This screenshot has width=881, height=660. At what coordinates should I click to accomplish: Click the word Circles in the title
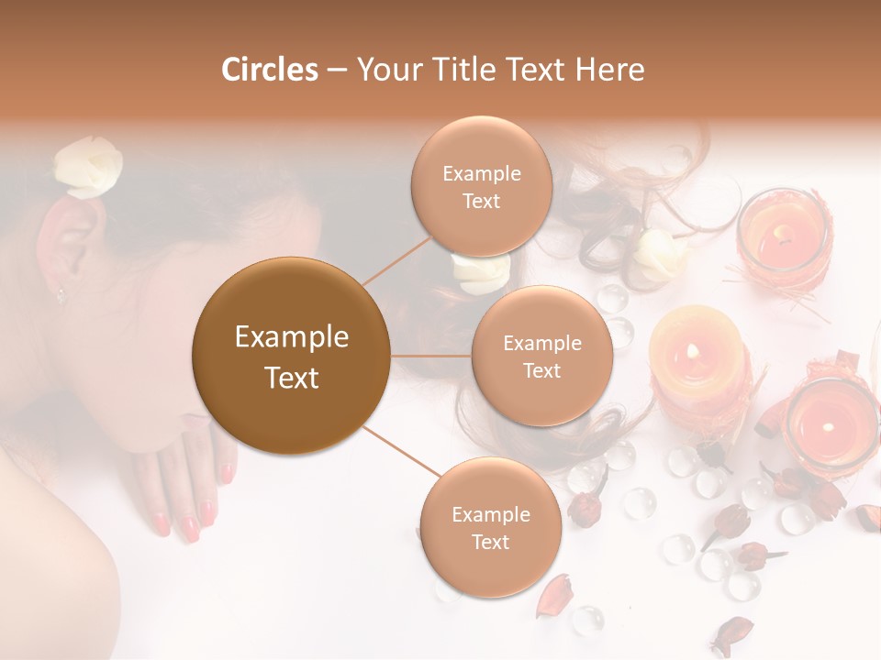click(x=270, y=70)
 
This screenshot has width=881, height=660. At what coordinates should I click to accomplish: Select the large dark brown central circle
click(x=291, y=356)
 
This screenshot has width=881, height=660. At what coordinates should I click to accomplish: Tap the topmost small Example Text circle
click(x=481, y=186)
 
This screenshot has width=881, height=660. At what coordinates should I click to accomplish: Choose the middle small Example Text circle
click(x=541, y=356)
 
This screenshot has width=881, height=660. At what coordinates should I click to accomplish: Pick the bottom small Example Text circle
click(x=490, y=527)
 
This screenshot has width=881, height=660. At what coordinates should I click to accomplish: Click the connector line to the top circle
click(x=396, y=258)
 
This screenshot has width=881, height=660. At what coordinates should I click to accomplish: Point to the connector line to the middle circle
click(x=430, y=356)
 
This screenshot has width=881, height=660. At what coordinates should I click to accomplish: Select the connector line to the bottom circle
click(x=400, y=451)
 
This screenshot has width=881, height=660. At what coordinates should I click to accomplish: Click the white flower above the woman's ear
click(x=87, y=167)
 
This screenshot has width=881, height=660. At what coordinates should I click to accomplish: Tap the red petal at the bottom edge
click(x=734, y=633)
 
